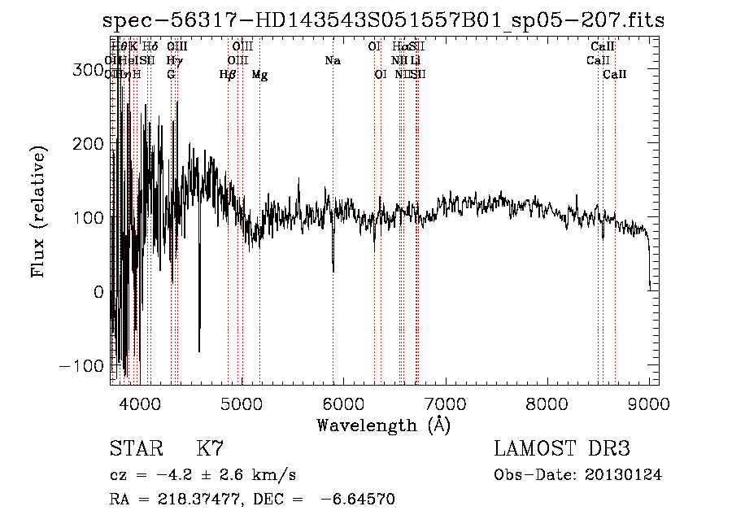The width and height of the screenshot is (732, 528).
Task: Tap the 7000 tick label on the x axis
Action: (x=445, y=402)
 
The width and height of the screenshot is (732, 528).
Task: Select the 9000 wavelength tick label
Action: (x=649, y=402)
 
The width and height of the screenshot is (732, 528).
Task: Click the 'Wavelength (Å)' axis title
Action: (x=383, y=425)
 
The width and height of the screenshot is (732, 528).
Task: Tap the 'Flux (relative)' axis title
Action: (x=39, y=212)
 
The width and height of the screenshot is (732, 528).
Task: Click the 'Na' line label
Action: (x=332, y=61)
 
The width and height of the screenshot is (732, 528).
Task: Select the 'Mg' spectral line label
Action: (x=259, y=75)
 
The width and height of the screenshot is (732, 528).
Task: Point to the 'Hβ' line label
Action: (x=228, y=75)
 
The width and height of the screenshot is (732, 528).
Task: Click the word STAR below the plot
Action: (x=133, y=449)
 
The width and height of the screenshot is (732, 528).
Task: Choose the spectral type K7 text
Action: (x=210, y=449)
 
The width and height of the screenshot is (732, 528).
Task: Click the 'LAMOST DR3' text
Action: (x=562, y=449)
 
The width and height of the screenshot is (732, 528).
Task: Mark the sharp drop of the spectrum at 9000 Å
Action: (x=649, y=268)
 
